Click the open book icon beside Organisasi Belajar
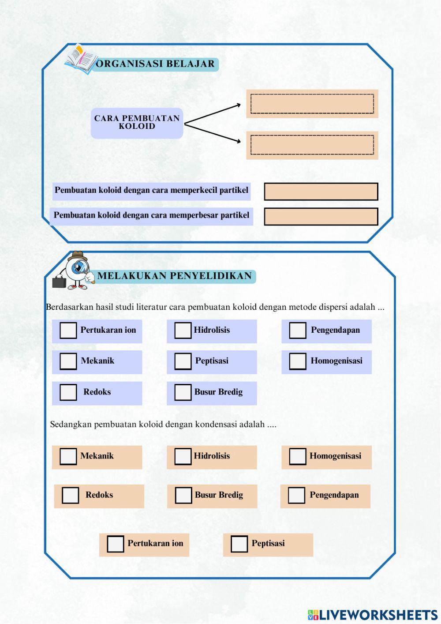tap(81, 60)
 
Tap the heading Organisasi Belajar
tap(155, 64)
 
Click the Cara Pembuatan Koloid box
tap(137, 123)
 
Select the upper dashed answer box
tap(312, 104)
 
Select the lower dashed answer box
tap(312, 145)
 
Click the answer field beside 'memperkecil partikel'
tap(321, 192)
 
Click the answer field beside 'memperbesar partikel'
tap(321, 217)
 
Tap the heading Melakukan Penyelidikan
tap(175, 276)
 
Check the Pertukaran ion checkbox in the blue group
tap(68, 331)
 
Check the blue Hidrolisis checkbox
tap(183, 331)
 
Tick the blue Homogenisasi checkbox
tap(297, 361)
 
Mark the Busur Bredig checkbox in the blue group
tap(183, 392)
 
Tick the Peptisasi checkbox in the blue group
tap(183, 361)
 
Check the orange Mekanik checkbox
tap(68, 457)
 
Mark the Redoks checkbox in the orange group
tap(70, 496)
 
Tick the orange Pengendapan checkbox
tap(296, 496)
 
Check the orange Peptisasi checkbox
tap(239, 544)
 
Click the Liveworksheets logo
tap(373, 615)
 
